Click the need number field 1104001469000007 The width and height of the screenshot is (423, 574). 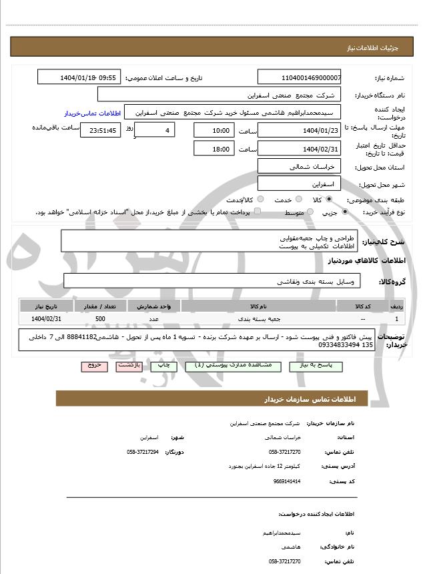coord(299,77)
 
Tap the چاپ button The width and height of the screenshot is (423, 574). coord(163,366)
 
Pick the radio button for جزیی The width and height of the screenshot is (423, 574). coord(344,212)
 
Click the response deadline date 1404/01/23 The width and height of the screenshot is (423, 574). coord(299,130)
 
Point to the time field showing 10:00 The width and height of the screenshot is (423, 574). coord(214,130)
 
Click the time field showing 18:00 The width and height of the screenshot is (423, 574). coord(214,149)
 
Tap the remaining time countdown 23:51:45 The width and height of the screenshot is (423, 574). coord(100,130)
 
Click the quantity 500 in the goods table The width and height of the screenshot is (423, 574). coord(99,320)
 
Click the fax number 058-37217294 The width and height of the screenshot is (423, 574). coord(143,452)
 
